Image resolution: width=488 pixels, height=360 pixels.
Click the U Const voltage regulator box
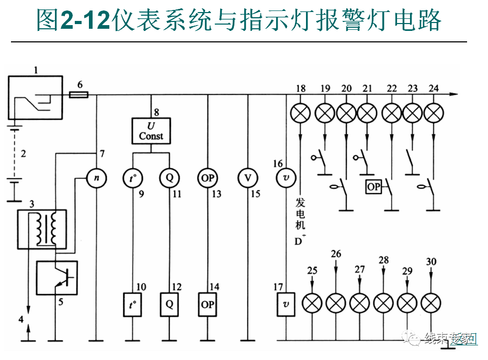click(x=151, y=131)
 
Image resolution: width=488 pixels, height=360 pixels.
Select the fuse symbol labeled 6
click(x=79, y=95)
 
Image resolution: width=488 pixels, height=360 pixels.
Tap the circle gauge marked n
click(x=96, y=177)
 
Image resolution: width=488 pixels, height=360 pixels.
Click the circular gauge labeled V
click(x=247, y=177)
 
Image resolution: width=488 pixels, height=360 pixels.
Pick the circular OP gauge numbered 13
click(x=208, y=177)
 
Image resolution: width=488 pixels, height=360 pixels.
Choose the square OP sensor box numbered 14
click(x=208, y=304)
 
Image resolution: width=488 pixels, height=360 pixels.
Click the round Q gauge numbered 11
click(x=169, y=177)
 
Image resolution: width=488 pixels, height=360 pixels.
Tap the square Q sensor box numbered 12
click(x=169, y=304)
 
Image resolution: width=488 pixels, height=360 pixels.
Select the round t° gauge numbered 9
click(x=133, y=177)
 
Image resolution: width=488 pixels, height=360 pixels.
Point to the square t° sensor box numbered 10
click(x=133, y=304)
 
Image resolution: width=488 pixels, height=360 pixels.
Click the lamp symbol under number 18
click(x=300, y=113)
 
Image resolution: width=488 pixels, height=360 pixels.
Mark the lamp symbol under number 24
click(x=433, y=113)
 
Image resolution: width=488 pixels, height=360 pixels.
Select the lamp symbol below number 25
click(x=312, y=302)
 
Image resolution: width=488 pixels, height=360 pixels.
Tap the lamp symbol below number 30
click(x=430, y=302)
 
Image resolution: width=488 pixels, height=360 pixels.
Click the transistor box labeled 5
click(x=56, y=278)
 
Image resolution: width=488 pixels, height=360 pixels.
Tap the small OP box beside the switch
click(x=373, y=187)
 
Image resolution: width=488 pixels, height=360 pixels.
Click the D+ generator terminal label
click(x=300, y=242)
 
